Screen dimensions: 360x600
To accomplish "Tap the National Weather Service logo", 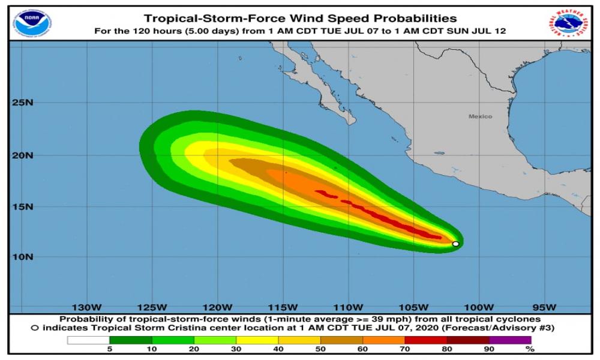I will [x=568, y=23].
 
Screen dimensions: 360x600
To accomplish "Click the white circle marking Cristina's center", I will [x=455, y=244].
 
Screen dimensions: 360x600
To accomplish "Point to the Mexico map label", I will [x=480, y=116].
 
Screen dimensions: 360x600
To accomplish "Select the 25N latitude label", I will [x=23, y=103].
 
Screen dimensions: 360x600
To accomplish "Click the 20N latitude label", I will [x=23, y=155].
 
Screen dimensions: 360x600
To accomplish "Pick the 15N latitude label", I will [x=23, y=207].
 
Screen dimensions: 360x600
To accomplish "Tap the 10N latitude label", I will [x=23, y=257].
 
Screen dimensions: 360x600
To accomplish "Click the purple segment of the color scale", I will [x=511, y=340].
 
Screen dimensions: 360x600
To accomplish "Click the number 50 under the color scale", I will [x=320, y=349].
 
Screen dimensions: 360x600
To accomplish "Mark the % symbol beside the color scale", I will [x=529, y=349].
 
